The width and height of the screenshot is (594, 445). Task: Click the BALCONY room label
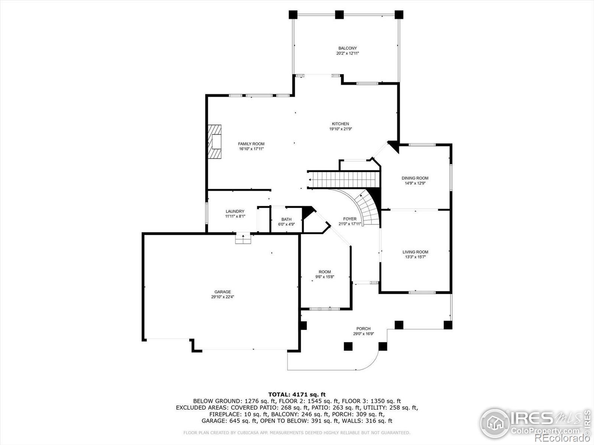(x=347, y=48)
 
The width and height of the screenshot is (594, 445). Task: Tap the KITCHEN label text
(x=340, y=124)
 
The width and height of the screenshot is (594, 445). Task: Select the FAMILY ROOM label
(x=251, y=144)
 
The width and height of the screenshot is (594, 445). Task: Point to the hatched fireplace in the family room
(x=215, y=142)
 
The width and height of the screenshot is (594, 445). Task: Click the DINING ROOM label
(x=415, y=178)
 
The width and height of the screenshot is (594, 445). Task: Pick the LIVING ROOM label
(x=415, y=252)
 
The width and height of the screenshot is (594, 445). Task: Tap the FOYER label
(x=350, y=219)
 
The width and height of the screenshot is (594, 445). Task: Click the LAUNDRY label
(x=235, y=211)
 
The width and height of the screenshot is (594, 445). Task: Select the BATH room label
(x=286, y=220)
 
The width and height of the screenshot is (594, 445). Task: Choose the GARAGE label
(x=222, y=292)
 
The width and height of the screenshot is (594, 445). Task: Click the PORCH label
(x=363, y=329)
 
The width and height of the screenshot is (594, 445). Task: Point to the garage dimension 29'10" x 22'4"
(x=222, y=297)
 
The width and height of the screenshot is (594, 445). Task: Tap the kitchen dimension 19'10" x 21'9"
(x=340, y=129)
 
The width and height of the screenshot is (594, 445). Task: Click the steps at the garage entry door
(x=243, y=239)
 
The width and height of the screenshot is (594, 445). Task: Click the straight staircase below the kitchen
(x=344, y=180)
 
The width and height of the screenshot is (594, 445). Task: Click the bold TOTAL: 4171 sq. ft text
(x=297, y=395)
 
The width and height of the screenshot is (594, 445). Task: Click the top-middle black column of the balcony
(x=339, y=14)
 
